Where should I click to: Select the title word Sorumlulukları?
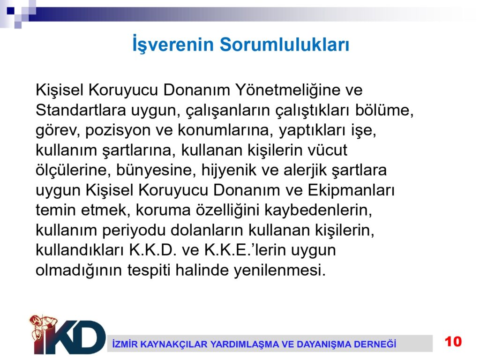coord(285,44)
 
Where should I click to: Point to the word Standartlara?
coord(81,110)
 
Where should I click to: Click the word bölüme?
coord(384,110)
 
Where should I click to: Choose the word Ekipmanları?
coord(351,191)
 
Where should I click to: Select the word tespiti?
coord(149,270)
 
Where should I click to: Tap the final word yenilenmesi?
coord(279,270)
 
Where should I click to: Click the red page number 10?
coord(453,342)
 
